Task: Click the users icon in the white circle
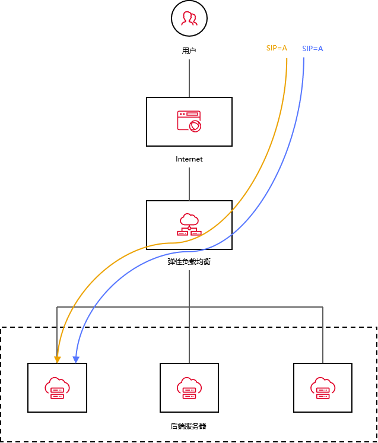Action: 189,19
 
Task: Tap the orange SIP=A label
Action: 277,48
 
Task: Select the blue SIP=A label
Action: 313,48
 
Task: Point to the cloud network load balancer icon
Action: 189,224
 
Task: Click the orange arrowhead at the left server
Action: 57,359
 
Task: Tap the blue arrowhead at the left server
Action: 75,359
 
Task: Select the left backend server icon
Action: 57,388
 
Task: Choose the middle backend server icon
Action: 189,388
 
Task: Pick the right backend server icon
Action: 322,388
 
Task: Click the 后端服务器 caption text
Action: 188,426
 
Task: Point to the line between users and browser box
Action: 189,78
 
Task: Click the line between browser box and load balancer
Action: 189,183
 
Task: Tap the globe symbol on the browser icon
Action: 195,125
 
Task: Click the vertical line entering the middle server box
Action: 189,344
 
